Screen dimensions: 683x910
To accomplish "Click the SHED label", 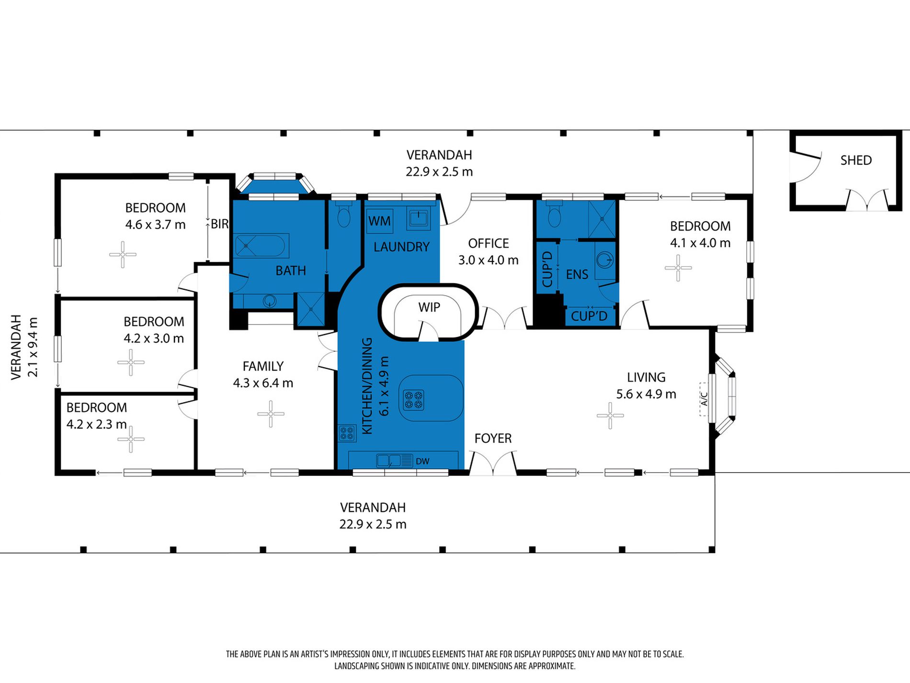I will [x=856, y=160].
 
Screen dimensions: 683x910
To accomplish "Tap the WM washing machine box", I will [x=379, y=221].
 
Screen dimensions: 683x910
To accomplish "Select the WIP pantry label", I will [x=429, y=307].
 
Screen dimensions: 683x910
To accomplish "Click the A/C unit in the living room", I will [x=704, y=399].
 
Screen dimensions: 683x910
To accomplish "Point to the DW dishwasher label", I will [x=422, y=461].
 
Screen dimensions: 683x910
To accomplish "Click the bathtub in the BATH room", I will [x=261, y=245].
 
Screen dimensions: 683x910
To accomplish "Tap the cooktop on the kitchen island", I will [x=413, y=400].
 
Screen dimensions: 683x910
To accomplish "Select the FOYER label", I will [x=493, y=438].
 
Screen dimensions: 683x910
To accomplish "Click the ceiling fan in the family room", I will [x=271, y=414].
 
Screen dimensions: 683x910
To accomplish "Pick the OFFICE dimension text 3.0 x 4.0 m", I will [x=488, y=260].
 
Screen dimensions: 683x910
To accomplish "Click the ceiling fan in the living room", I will [x=610, y=416].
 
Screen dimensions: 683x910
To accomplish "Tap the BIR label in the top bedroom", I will [x=219, y=224].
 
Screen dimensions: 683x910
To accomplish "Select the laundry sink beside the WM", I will [x=419, y=219].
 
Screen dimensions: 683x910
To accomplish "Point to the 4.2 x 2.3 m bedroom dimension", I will [x=96, y=424].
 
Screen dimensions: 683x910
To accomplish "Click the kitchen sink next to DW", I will [x=388, y=461].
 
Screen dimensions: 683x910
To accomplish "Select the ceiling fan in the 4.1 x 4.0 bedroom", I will [x=678, y=267].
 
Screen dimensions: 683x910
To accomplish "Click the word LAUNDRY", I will [x=401, y=247].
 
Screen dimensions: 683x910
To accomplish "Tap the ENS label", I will [x=577, y=274].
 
